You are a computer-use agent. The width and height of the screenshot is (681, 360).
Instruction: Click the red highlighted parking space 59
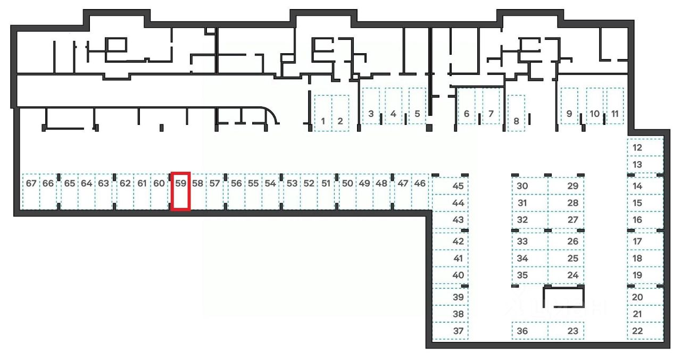[x=181, y=191]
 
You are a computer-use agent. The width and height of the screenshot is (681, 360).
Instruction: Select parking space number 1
[x=323, y=113]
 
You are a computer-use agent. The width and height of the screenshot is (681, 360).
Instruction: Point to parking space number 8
[x=516, y=113]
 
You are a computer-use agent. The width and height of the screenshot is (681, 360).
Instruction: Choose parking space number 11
[x=615, y=106]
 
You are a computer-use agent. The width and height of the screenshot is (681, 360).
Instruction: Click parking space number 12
[x=645, y=147]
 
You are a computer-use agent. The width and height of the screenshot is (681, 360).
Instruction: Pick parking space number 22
[x=645, y=331]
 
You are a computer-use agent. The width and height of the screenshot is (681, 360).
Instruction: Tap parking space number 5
[x=417, y=106]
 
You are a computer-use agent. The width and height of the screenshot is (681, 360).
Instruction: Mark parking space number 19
[x=645, y=275]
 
